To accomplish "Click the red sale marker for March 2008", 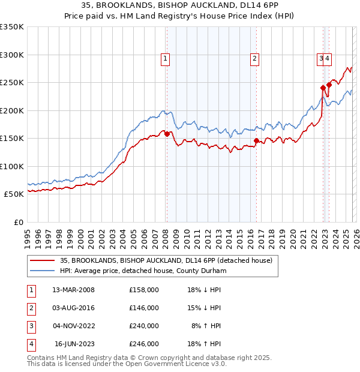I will click(167, 134).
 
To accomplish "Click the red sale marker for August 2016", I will click(256, 140).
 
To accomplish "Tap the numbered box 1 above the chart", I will click(164, 58).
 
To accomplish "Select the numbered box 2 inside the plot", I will click(255, 58).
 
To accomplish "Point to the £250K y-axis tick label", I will click(12, 83).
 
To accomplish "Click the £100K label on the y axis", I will click(12, 166).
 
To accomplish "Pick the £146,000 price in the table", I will click(144, 308).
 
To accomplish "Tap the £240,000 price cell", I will click(144, 326).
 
